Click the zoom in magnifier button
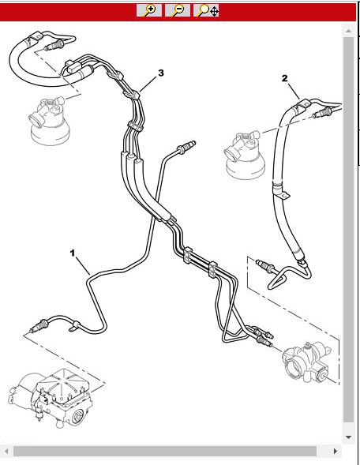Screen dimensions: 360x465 pyautogui.click(x=149, y=10)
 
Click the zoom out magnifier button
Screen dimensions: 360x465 pyautogui.click(x=178, y=10)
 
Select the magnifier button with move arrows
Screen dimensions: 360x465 pyautogui.click(x=206, y=10)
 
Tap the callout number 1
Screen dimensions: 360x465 pyautogui.click(x=73, y=253)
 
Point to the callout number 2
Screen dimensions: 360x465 pyautogui.click(x=284, y=78)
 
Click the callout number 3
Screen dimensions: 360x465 pyautogui.click(x=161, y=73)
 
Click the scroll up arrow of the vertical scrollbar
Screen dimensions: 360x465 pyautogui.click(x=348, y=31)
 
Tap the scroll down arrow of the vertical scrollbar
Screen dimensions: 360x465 pyautogui.click(x=348, y=437)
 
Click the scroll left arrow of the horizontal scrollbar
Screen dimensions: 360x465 pyautogui.click(x=6, y=452)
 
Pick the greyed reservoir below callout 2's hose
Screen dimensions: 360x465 pyautogui.click(x=245, y=155)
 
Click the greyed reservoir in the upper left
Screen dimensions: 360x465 pyautogui.click(x=49, y=121)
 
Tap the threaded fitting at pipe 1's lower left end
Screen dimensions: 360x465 pyautogui.click(x=39, y=325)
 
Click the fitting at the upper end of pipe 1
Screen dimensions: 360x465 pyautogui.click(x=186, y=147)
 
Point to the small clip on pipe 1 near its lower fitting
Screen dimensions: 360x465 pyautogui.click(x=74, y=325)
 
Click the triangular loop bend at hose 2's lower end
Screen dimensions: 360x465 pyautogui.click(x=278, y=278)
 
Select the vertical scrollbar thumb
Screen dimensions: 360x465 pyautogui.click(x=348, y=230)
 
